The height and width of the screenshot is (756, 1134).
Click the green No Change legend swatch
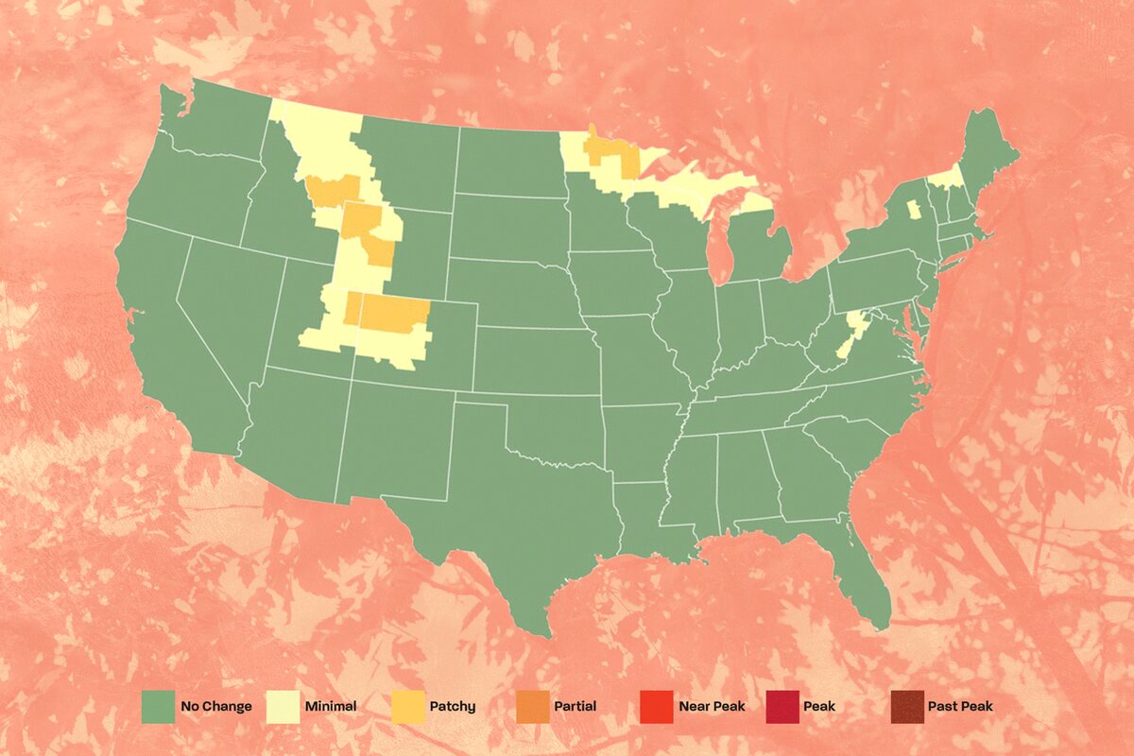click(157, 706)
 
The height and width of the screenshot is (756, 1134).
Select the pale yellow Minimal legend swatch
click(283, 706)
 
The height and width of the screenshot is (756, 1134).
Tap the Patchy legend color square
click(406, 706)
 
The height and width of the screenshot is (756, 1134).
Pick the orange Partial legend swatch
click(532, 706)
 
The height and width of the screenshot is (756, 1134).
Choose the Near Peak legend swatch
click(656, 706)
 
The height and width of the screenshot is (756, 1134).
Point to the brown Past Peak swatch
click(906, 706)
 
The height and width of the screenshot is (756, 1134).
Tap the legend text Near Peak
click(712, 706)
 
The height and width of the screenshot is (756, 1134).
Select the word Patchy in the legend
click(455, 706)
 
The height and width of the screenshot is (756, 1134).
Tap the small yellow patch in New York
click(914, 209)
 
